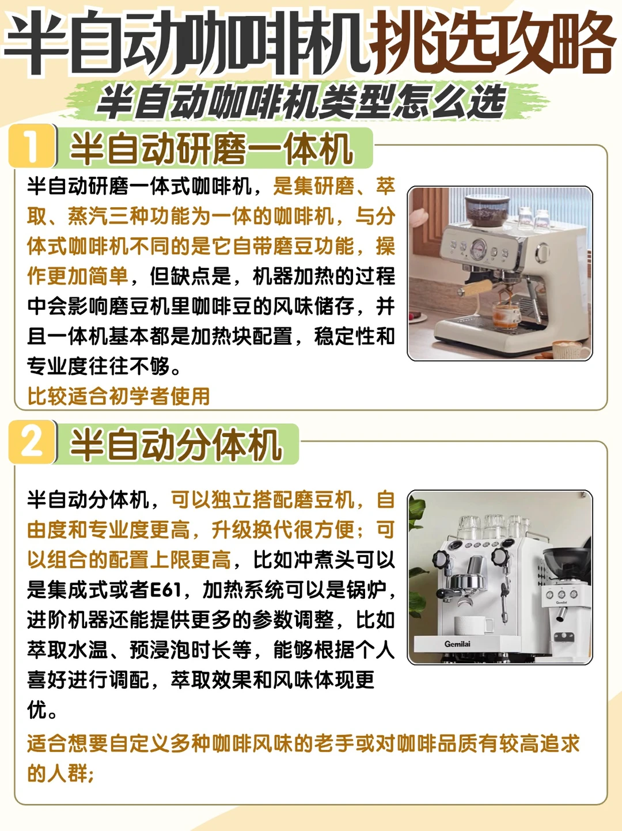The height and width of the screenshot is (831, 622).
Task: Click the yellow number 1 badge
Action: pos(32,146)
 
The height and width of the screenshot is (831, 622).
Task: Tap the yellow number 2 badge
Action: pos(32,442)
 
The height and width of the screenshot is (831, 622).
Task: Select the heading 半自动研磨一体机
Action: pos(212,149)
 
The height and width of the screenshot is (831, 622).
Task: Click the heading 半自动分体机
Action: pos(176,445)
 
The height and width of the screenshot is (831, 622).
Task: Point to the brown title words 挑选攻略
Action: pos(492,43)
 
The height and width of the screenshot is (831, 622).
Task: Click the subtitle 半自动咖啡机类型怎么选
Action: pos(301,102)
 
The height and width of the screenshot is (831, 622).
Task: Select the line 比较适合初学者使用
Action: pos(119,396)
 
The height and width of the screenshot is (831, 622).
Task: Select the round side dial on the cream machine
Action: pos(542,252)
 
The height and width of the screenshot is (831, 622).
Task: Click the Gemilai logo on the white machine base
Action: pos(457,644)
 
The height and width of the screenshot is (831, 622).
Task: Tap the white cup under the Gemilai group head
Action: pos(473,625)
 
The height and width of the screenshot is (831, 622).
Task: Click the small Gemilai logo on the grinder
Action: pos(561,602)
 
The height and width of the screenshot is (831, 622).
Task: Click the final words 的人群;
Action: pos(60,773)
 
